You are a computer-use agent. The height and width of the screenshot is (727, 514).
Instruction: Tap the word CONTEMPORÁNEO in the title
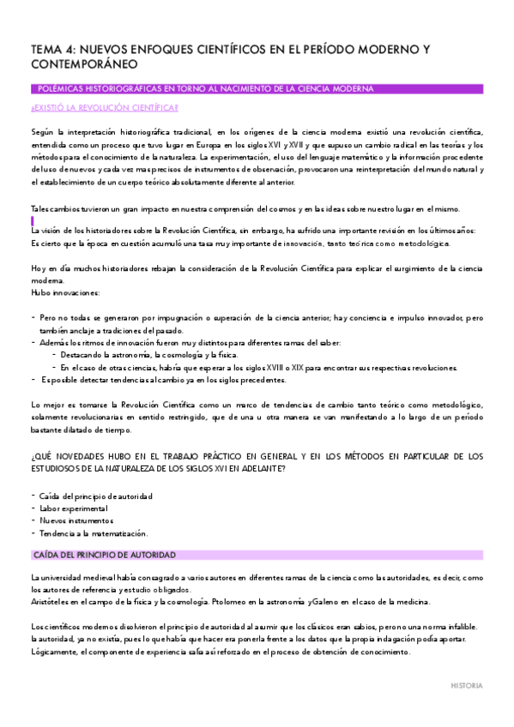pos(83,65)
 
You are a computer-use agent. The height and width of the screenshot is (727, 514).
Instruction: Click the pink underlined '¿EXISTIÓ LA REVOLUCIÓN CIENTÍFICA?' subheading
pos(104,107)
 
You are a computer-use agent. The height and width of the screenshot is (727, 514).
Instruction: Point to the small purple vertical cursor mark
pos(32,221)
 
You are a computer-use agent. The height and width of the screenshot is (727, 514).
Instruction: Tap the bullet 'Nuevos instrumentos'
pos(76,520)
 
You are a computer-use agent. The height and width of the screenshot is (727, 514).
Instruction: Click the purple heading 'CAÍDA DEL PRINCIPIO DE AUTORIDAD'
pos(102,555)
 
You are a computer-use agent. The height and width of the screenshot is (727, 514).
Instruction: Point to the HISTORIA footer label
pos(467,686)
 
